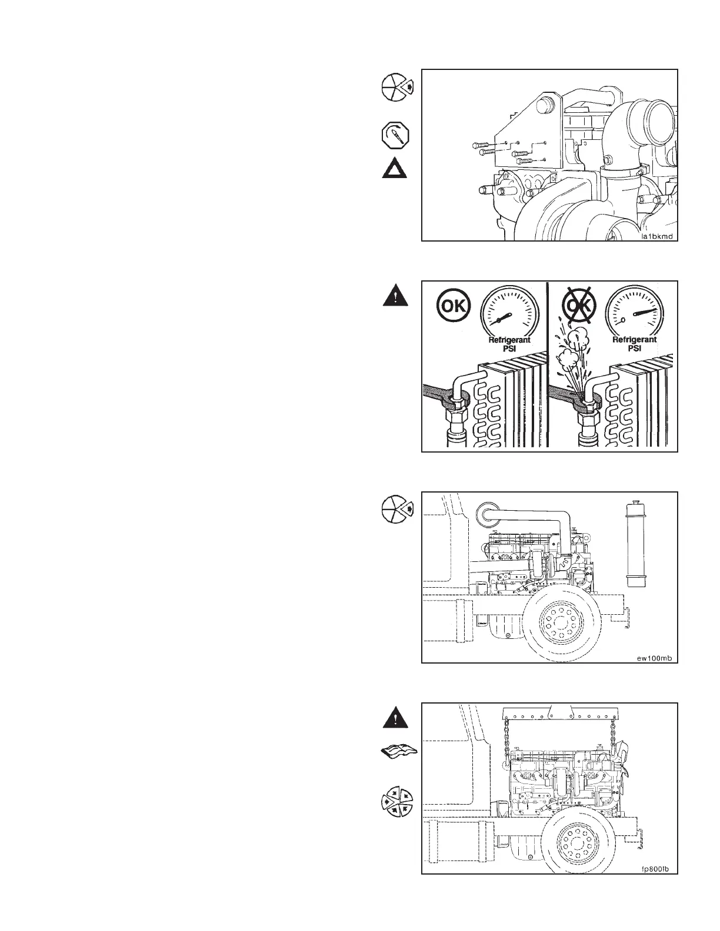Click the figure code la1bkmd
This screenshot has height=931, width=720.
tap(656, 237)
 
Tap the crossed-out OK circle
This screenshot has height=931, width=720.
tap(580, 306)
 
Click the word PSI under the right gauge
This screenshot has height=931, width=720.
tap(635, 349)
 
